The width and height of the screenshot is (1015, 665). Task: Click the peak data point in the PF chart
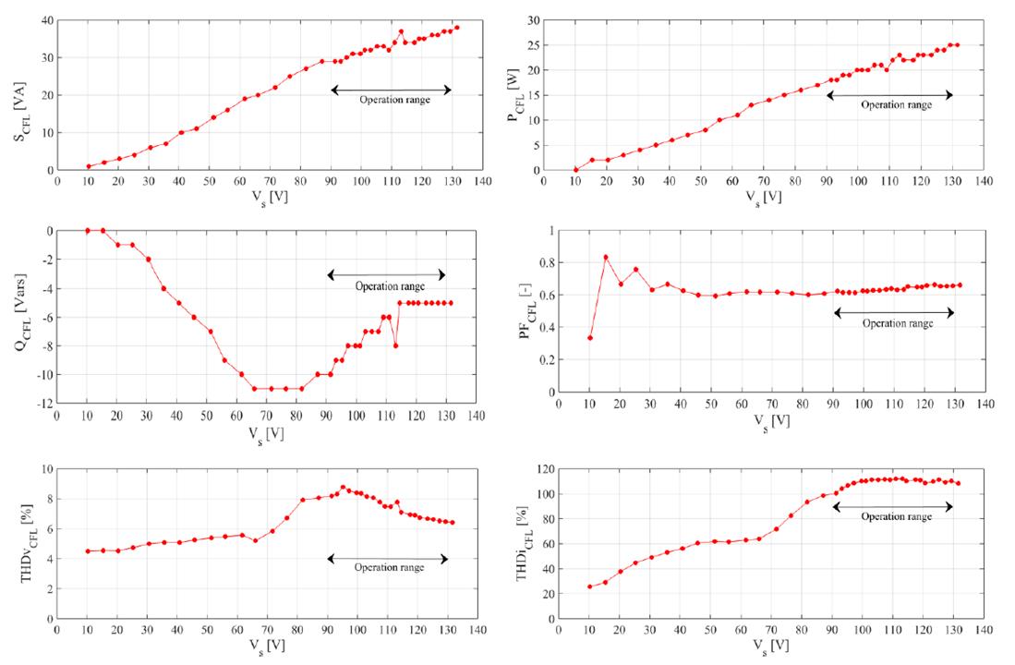(606, 257)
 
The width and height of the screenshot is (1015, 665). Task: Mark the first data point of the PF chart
(590, 338)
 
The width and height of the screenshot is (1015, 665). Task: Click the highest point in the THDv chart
(343, 487)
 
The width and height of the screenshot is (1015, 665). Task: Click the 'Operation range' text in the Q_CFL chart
(390, 286)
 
